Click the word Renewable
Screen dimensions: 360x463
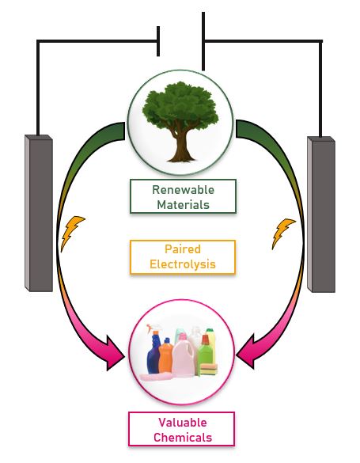tap(183, 190)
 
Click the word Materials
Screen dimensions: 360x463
tap(183, 204)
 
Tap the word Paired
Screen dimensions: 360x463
tap(183, 249)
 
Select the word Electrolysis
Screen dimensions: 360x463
tap(183, 264)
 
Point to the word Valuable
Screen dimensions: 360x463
tap(182, 423)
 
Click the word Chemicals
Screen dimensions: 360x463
tap(183, 437)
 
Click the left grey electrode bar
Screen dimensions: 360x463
tap(39, 213)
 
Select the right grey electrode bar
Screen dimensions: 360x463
tap(321, 214)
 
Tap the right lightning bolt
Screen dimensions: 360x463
tap(282, 233)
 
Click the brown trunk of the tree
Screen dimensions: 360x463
tap(181, 145)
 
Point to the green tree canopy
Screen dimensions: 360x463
tap(180, 106)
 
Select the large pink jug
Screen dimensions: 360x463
tap(184, 356)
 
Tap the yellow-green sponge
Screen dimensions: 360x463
tap(209, 370)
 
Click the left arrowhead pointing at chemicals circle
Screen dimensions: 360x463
tap(115, 353)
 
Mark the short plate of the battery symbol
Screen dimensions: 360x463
tap(158, 41)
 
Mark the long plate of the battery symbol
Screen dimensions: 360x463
tap(203, 41)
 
